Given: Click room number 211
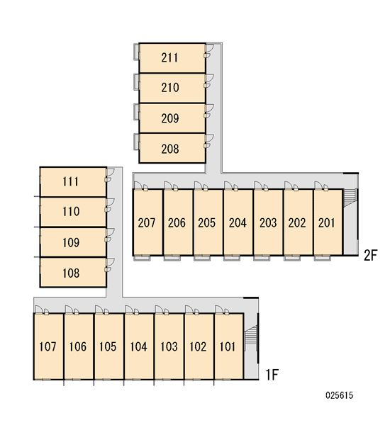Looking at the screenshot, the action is click(172, 58).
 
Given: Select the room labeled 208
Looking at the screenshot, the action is click(172, 148).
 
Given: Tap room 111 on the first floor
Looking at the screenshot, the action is click(73, 182).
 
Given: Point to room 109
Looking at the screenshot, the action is click(73, 242).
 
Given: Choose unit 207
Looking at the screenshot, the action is click(147, 222).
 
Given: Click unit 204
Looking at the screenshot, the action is click(238, 222).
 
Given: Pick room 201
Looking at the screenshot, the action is click(328, 222).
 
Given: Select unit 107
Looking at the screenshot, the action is click(49, 346).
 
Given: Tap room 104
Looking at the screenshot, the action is click(139, 346).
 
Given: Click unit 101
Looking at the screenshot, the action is click(229, 346).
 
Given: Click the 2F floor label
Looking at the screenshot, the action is click(370, 255).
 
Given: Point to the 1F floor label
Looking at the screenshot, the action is click(272, 375).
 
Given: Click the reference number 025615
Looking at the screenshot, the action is click(339, 395).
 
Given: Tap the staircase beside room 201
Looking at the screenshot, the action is click(350, 198).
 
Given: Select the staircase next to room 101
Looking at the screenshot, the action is click(251, 335).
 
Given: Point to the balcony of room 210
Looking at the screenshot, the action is click(137, 81).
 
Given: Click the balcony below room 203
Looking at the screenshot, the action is click(262, 258).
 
